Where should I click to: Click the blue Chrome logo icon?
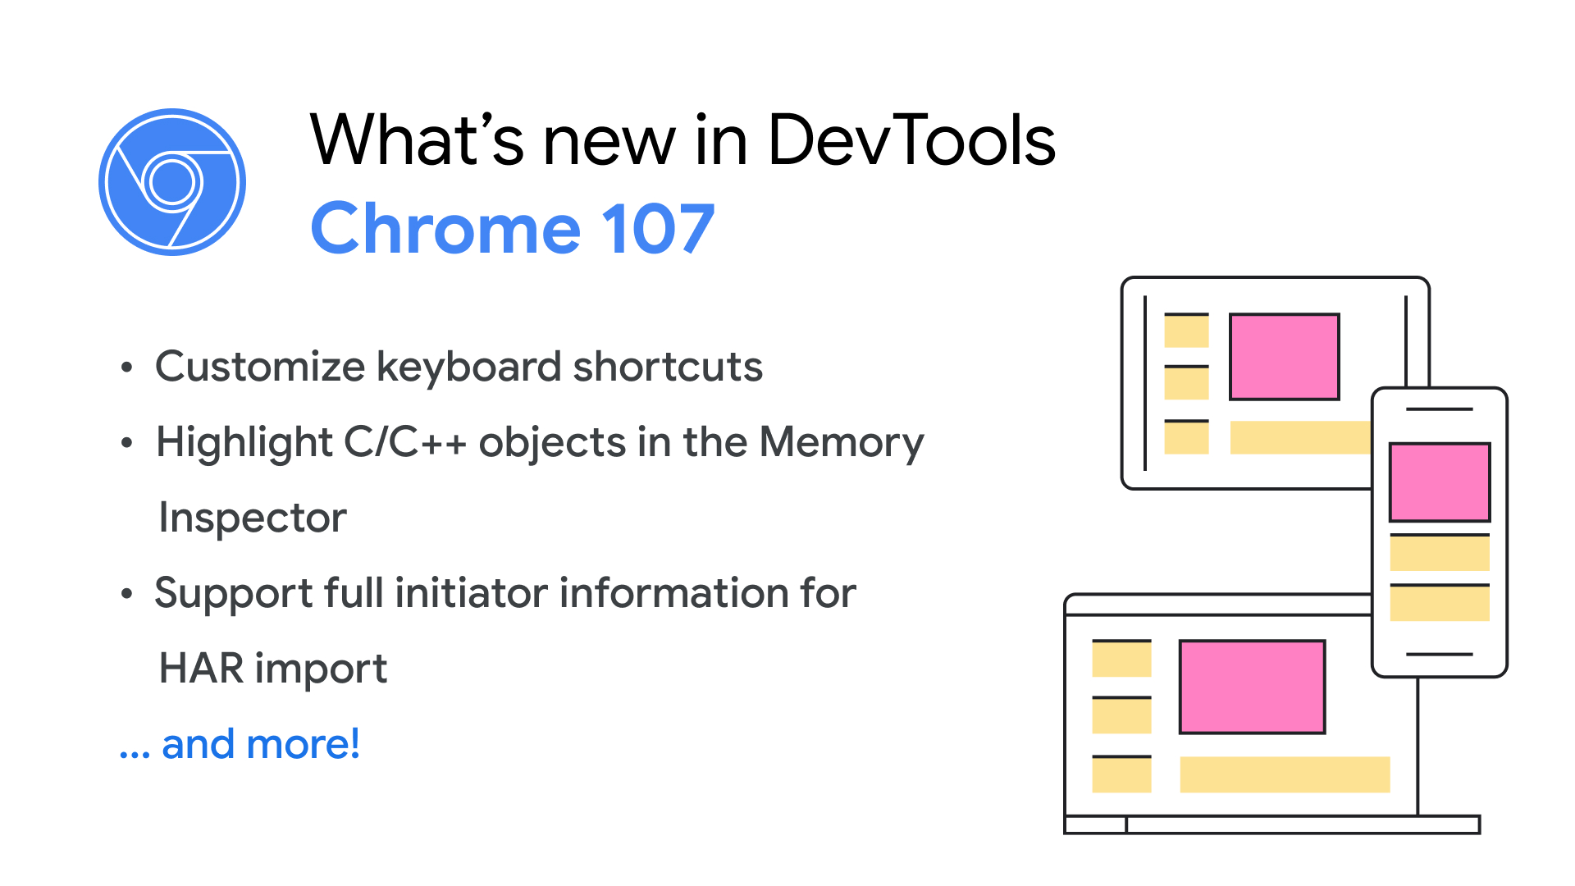pyautogui.click(x=172, y=181)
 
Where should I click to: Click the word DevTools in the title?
pyautogui.click(x=911, y=140)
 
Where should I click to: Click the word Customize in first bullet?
pyautogui.click(x=259, y=367)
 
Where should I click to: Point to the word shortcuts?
pyautogui.click(x=668, y=367)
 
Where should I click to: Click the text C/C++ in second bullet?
pyautogui.click(x=405, y=442)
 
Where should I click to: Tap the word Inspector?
pyautogui.click(x=253, y=518)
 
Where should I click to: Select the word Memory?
pyautogui.click(x=841, y=444)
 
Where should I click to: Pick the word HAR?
pyautogui.click(x=201, y=669)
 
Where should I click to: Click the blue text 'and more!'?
pyautogui.click(x=261, y=745)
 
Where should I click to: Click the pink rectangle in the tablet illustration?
pyautogui.click(x=1284, y=357)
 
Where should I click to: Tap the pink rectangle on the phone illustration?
pyautogui.click(x=1439, y=482)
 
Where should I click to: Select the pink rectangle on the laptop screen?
pyautogui.click(x=1252, y=687)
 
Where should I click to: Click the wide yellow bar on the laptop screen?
pyautogui.click(x=1285, y=774)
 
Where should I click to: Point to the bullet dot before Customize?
pyautogui.click(x=126, y=368)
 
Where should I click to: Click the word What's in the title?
pyautogui.click(x=417, y=140)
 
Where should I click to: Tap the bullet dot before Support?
pyautogui.click(x=126, y=594)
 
